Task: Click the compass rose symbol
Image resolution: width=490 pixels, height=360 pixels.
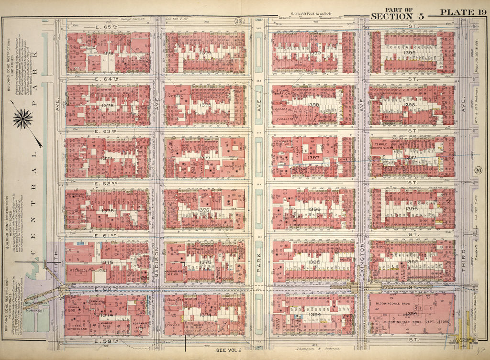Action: [x=23, y=118]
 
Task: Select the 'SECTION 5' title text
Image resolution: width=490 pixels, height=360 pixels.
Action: [x=398, y=16]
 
